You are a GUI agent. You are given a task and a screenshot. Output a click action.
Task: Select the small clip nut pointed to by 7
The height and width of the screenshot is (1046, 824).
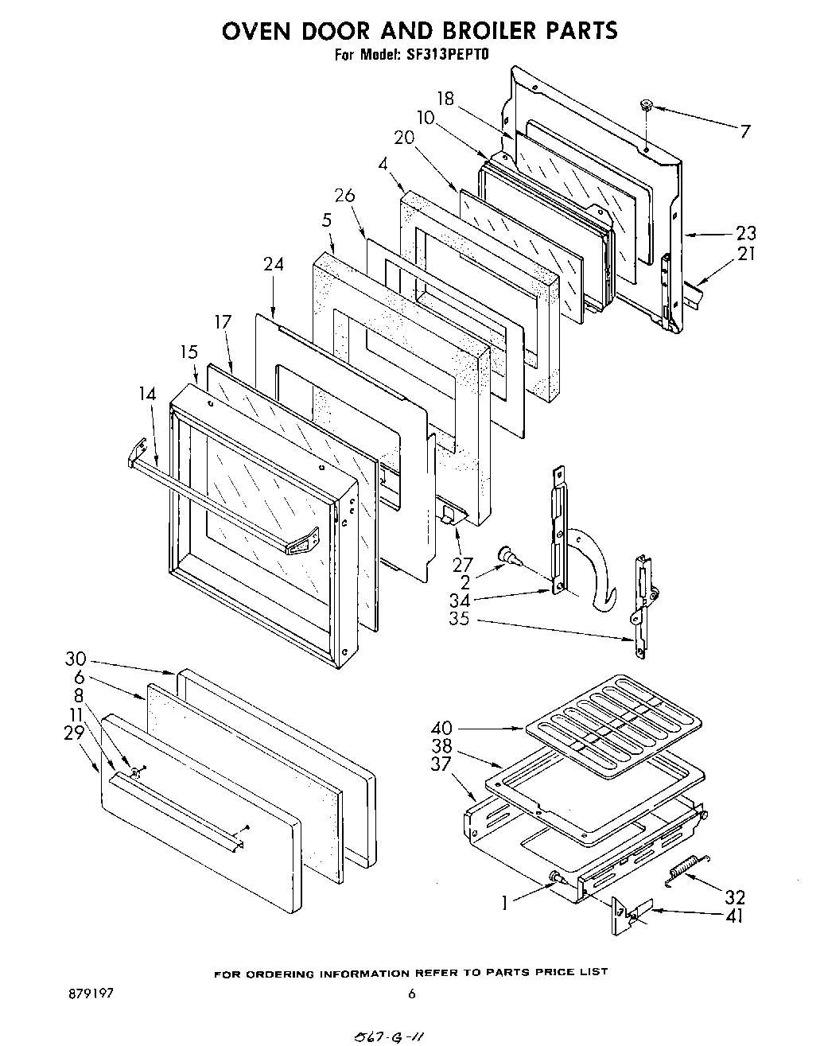pos(646,105)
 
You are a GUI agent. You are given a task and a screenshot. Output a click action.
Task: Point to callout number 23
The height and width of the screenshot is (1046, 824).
pos(745,233)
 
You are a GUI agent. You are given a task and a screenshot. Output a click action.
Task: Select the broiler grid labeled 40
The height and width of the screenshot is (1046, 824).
pos(612,712)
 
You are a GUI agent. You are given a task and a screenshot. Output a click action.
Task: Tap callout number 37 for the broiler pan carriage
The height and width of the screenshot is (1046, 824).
pos(440,764)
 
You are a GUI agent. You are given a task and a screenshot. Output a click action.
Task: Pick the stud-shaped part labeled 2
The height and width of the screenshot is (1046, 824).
pos(507,555)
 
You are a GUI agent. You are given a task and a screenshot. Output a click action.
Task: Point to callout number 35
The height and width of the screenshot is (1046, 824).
pos(458,618)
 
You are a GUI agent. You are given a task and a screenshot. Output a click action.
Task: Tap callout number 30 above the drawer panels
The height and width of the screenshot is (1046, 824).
pos(76,659)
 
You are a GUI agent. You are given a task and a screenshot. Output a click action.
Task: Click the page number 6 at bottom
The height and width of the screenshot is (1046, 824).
pos(411,994)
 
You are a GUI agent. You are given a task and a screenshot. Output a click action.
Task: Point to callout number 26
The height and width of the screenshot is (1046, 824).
pos(344,196)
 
